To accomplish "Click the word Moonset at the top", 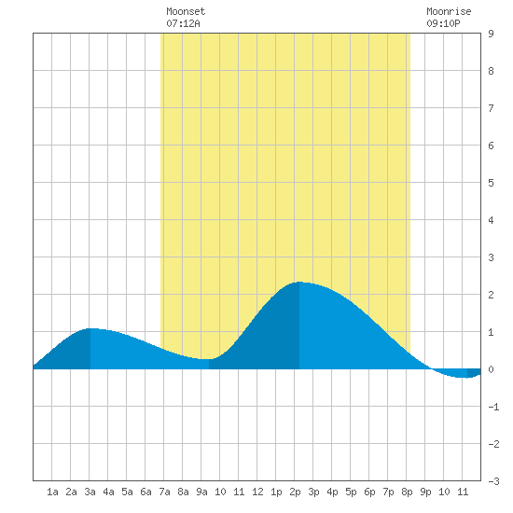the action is [186, 11].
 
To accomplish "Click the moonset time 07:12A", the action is [183, 23].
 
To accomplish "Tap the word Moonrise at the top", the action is [449, 11].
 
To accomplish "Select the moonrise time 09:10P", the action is [443, 23].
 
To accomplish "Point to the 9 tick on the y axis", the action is [491, 34].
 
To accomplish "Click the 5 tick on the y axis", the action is [491, 183].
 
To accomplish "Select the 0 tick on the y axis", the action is [491, 369].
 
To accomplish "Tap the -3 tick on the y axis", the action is [493, 481].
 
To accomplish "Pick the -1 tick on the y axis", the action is [493, 407].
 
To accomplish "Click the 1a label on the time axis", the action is [52, 492].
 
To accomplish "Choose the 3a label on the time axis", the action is [90, 492].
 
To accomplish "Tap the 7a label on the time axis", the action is [164, 492].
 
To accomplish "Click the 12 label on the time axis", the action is [257, 492].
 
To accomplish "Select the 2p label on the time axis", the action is [295, 492].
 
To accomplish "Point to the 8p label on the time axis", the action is [407, 492].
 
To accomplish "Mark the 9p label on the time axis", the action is [425, 492].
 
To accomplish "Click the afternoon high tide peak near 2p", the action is [299, 282].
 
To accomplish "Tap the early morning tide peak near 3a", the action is [90, 328].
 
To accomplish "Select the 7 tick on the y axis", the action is [491, 108].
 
